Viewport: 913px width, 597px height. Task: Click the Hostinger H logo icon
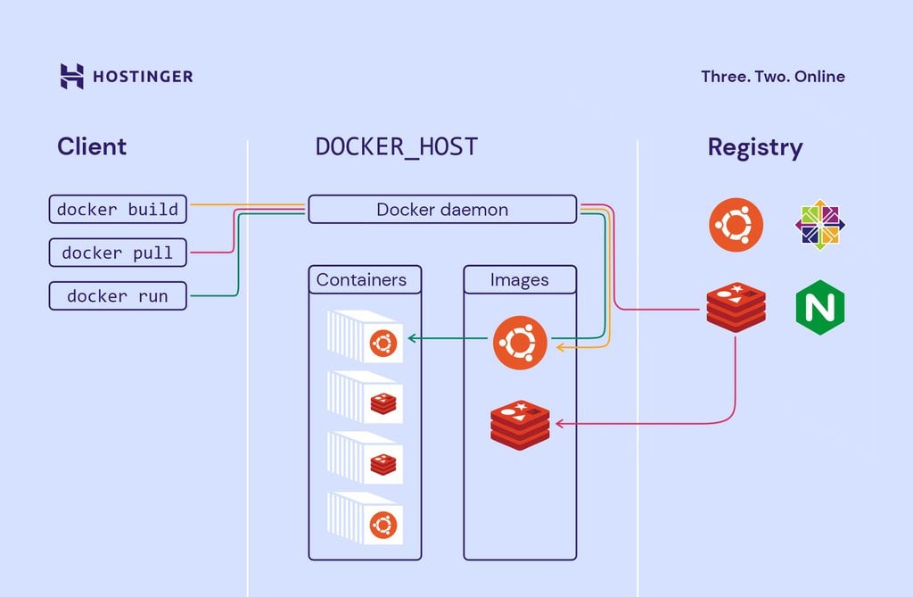coord(71,76)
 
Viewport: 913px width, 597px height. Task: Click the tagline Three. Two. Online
coord(772,77)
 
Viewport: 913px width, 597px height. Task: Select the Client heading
coord(92,146)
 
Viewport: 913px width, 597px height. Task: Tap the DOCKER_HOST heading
coord(397,147)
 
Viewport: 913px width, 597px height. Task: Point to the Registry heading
coord(754,147)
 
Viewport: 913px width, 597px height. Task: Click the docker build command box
coord(118,210)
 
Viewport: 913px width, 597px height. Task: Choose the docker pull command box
coord(118,253)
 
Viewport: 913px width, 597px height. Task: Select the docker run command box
coord(118,296)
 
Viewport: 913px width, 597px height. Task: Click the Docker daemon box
coord(442,210)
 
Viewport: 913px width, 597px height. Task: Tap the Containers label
coord(361,279)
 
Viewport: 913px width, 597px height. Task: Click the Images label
coord(520,279)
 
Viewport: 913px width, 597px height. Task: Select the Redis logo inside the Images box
coord(520,425)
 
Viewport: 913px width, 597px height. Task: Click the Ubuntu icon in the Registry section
coord(736,225)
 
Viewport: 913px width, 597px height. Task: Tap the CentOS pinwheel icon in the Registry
coord(819,225)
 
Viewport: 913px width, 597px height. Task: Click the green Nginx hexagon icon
coord(819,308)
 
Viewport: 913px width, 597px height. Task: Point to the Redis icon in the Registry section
coord(736,308)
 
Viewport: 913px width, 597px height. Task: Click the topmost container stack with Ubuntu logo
coord(366,336)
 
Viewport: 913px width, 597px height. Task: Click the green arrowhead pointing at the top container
coord(409,338)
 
